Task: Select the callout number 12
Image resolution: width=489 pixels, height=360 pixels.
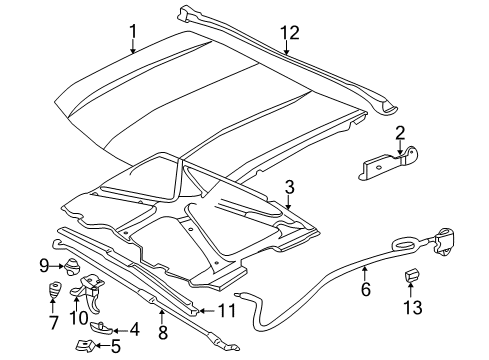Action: click(289, 34)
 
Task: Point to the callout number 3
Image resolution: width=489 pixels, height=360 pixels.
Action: click(289, 186)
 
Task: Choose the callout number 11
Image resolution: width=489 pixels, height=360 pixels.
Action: click(228, 311)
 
